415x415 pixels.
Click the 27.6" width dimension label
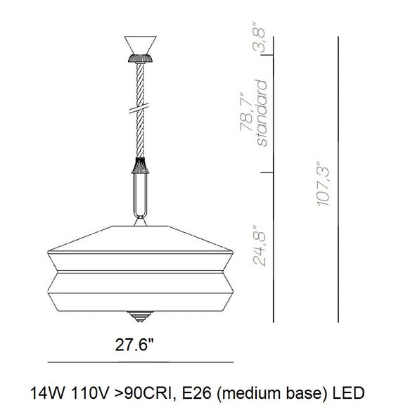[x=134, y=345]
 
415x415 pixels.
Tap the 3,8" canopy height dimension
[x=258, y=37]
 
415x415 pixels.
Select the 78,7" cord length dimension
[x=247, y=112]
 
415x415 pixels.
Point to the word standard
[x=262, y=113]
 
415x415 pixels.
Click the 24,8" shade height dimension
[x=259, y=245]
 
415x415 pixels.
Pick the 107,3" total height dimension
[x=323, y=184]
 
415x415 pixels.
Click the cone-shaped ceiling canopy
[x=140, y=45]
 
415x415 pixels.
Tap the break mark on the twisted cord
[x=139, y=108]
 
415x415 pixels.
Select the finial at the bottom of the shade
[x=140, y=317]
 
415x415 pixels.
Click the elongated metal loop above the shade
[x=140, y=196]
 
